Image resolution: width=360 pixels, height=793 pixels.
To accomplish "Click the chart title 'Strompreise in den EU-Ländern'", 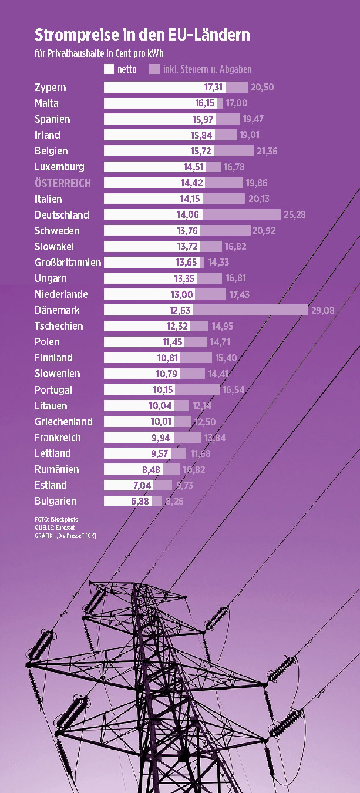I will pyautogui.click(x=142, y=35).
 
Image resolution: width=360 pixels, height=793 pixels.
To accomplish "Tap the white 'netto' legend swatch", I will pyautogui.click(x=109, y=69).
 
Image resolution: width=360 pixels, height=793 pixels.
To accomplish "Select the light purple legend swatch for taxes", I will pyautogui.click(x=154, y=69).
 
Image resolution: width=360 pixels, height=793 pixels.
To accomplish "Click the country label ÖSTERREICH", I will pyautogui.click(x=63, y=183).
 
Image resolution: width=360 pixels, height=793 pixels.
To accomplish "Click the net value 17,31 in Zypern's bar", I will pyautogui.click(x=214, y=88).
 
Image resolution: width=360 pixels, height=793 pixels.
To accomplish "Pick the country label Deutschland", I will pyautogui.click(x=62, y=215).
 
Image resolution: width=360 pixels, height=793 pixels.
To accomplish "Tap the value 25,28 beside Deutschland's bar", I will pyautogui.click(x=295, y=215).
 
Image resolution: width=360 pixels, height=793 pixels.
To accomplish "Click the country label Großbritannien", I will pyautogui.click(x=68, y=263).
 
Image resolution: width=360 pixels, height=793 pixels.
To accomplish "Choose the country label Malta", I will pyautogui.click(x=46, y=103).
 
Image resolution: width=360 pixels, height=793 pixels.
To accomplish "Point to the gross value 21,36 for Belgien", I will pyautogui.click(x=267, y=152).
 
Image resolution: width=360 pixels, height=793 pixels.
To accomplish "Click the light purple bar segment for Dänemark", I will pyautogui.click(x=249, y=310).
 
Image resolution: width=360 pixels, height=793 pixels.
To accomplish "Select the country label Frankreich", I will pyautogui.click(x=58, y=438).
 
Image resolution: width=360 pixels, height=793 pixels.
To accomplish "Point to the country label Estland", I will pyautogui.click(x=51, y=485).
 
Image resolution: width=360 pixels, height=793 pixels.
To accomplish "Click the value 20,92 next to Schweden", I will pyautogui.click(x=264, y=231).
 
